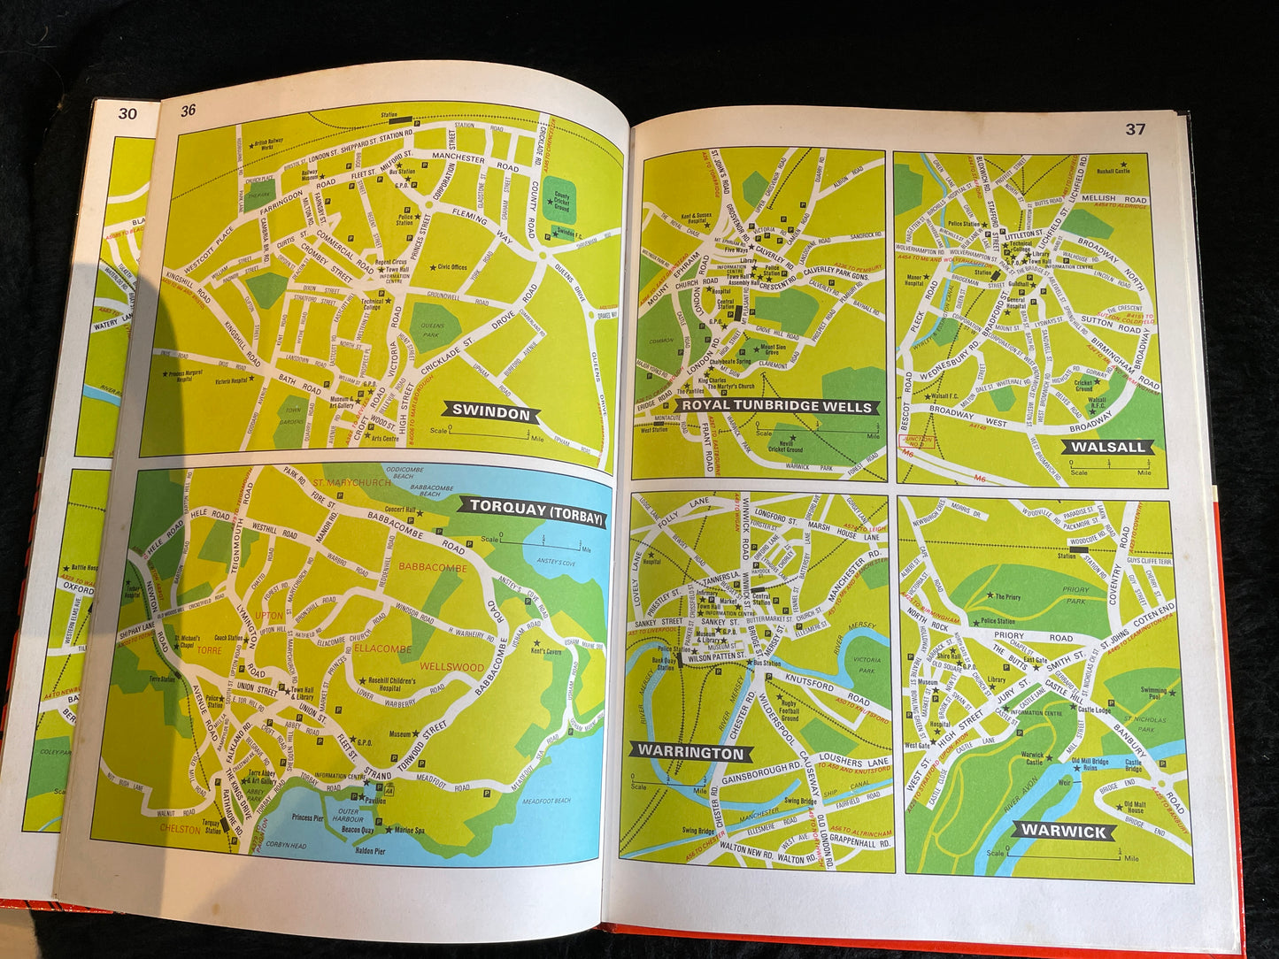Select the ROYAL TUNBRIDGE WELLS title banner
[x=776, y=407]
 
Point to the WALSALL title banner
[x=1107, y=447]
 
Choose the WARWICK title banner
[x=1064, y=831]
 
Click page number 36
[x=189, y=111]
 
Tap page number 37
[x=1135, y=129]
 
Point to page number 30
[x=128, y=113]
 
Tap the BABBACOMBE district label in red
[x=433, y=567]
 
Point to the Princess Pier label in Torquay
[x=307, y=817]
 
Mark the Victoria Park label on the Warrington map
[x=867, y=664]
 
